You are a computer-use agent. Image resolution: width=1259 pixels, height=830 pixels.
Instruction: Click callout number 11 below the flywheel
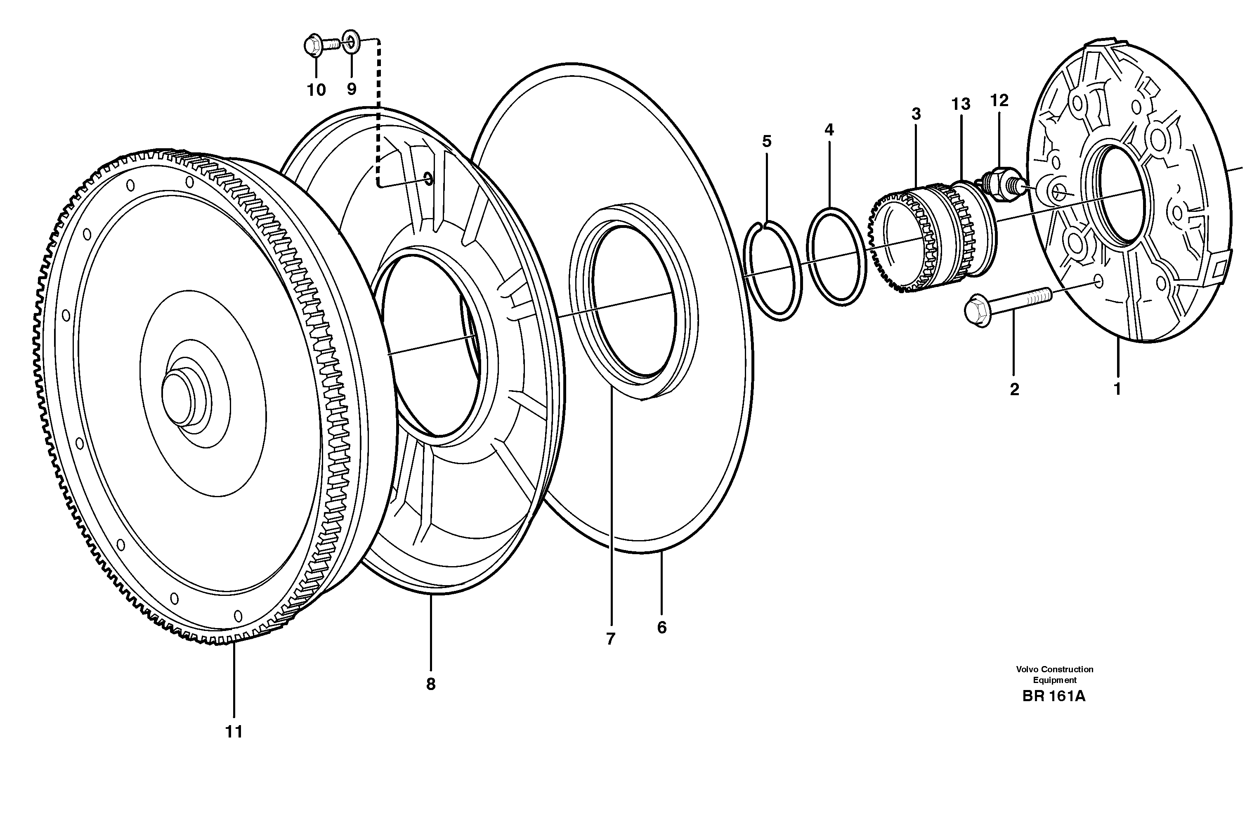[234, 732]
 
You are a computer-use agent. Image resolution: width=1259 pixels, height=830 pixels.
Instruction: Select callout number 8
[430, 684]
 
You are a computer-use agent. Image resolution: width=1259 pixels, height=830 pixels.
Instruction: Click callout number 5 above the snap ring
[767, 141]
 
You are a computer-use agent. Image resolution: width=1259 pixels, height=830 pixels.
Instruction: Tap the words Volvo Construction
[1054, 669]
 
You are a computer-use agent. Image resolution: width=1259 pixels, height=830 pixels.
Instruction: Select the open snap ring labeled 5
[773, 270]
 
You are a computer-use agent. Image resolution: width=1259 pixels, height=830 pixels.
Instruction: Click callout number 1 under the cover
[1117, 389]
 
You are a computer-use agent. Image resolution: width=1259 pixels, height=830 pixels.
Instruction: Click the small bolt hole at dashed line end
[428, 180]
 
